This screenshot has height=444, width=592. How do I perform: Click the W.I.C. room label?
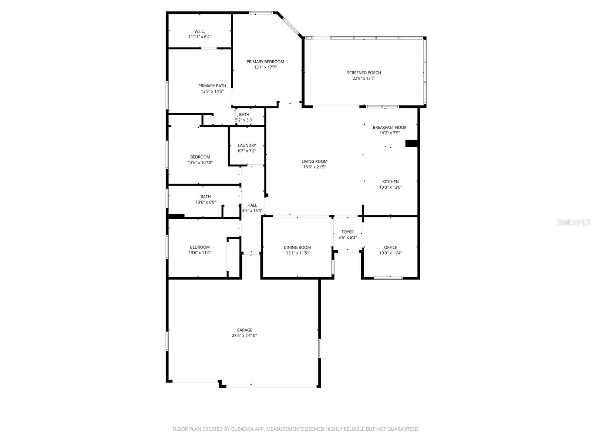[200, 31]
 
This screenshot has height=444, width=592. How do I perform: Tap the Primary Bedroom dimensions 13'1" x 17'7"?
[265, 67]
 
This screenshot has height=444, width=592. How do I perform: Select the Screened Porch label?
[364, 73]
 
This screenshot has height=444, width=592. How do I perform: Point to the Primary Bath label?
[212, 86]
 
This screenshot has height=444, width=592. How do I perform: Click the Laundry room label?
[247, 145]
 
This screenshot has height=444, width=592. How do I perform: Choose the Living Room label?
[314, 161]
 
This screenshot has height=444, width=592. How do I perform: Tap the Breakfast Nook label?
[390, 127]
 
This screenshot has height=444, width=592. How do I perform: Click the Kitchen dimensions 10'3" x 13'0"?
[390, 187]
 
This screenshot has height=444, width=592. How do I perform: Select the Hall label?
[252, 205]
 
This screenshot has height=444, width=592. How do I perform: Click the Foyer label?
[347, 232]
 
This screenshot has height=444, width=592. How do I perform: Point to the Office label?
[390, 248]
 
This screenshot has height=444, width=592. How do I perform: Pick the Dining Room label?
[297, 248]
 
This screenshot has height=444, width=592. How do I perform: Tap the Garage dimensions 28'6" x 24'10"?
[244, 336]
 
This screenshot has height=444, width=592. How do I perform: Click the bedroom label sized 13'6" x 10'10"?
[200, 157]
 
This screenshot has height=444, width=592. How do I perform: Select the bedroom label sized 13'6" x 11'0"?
[200, 247]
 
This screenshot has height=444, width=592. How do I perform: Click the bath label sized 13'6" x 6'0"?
[206, 197]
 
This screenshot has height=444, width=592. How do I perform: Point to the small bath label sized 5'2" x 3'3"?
[244, 115]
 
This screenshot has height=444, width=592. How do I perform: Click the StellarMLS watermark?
[573, 222]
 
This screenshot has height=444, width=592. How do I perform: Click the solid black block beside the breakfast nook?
[411, 143]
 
